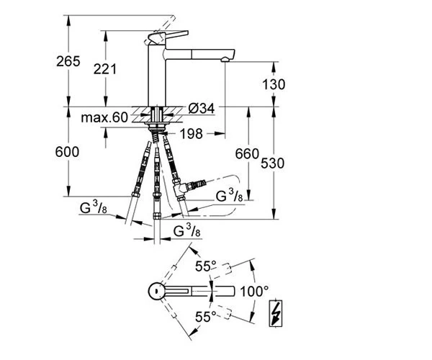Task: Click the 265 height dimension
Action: (68, 61)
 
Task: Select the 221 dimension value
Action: (104, 69)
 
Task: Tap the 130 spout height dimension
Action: (274, 84)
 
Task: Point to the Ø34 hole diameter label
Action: (202, 109)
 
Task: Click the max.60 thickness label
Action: (104, 117)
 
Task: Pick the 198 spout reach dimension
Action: (192, 134)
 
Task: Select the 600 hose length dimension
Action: (67, 152)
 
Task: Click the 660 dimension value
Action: (247, 153)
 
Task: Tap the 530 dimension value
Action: (272, 163)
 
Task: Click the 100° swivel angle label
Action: (254, 292)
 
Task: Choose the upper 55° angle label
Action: (205, 266)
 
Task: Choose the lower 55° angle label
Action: (205, 317)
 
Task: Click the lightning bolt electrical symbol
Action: (276, 313)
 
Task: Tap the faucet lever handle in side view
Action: (168, 36)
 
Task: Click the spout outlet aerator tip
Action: (225, 59)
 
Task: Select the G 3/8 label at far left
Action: (93, 207)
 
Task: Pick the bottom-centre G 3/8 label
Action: (186, 230)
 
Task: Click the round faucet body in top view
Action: (156, 292)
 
